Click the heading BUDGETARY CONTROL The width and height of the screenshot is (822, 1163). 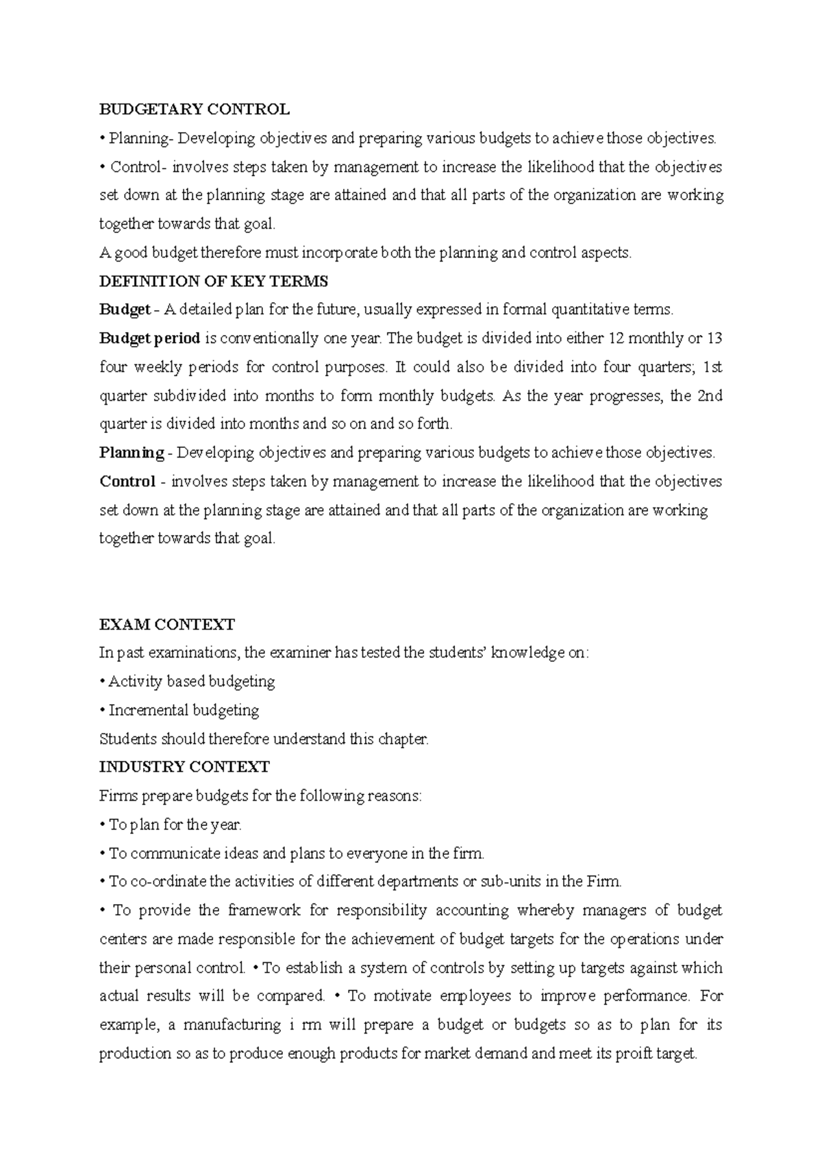tap(195, 110)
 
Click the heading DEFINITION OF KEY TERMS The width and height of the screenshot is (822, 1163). tap(214, 282)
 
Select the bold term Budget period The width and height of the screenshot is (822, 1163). tap(150, 338)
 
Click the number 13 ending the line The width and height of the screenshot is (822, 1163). tap(714, 338)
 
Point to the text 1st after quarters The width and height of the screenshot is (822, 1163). tap(713, 367)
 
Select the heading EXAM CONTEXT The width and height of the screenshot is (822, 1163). tap(167, 625)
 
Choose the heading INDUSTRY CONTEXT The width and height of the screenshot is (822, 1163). tap(184, 767)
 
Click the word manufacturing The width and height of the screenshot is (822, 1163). tap(232, 1025)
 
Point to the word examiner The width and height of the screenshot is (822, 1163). tap(300, 653)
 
